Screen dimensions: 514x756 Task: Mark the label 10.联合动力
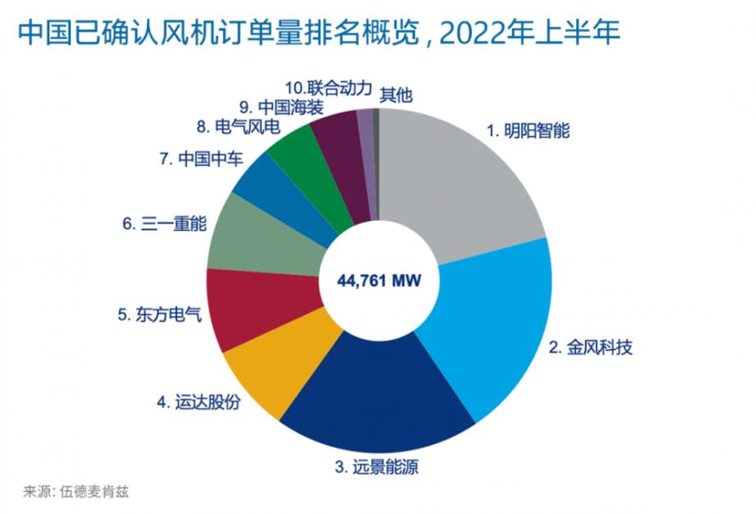coord(329,88)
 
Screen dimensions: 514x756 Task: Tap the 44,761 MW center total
coord(378,281)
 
